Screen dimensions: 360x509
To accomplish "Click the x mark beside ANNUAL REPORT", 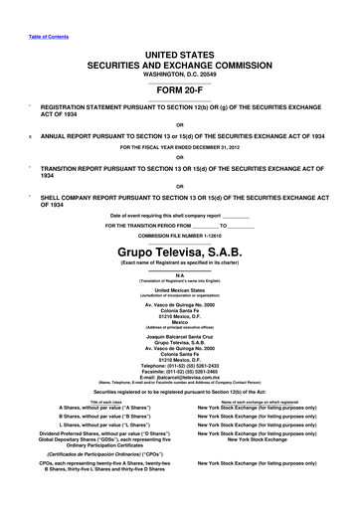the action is [x=31, y=136].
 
